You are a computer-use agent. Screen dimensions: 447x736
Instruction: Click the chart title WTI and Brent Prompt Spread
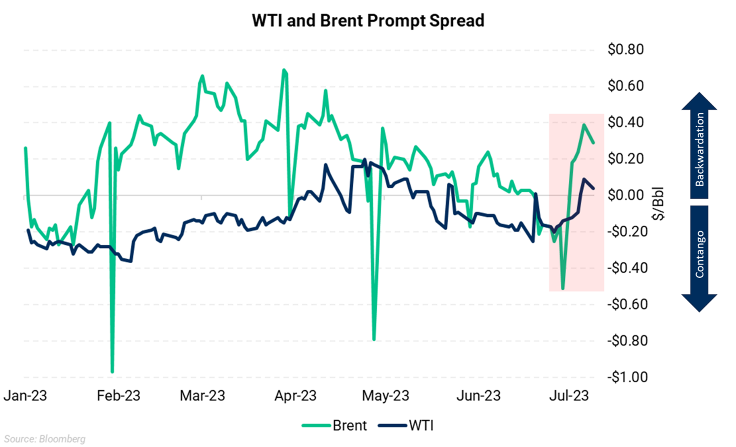368,21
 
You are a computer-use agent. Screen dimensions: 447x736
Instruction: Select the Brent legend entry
335,425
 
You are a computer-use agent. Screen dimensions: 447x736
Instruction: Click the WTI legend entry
406,425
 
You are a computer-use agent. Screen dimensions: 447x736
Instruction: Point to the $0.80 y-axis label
625,49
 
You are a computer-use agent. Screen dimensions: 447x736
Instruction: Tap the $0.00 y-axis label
625,195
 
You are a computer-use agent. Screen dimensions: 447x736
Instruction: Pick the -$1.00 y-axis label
627,377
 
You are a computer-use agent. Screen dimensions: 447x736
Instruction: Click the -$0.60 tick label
627,304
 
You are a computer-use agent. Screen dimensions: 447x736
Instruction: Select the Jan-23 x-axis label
25,396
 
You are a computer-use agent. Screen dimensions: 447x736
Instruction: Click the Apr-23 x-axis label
295,396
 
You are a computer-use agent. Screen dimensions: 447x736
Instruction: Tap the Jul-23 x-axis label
569,396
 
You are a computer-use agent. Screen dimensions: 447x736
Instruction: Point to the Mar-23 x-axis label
202,396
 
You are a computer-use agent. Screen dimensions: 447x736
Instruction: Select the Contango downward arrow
699,257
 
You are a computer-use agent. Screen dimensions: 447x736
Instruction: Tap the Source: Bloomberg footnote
45,439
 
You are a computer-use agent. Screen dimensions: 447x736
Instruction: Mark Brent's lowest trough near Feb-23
112,372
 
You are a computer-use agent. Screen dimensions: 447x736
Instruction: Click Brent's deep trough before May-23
374,339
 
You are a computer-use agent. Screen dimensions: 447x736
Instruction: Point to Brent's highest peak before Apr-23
284,70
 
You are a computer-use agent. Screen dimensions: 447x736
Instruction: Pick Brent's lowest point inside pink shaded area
563,289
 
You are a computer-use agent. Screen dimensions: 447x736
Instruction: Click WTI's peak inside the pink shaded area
583,179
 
